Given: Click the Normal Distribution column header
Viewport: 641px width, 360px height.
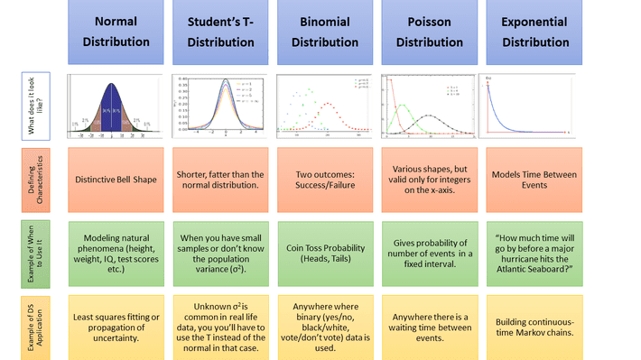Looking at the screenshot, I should click(116, 32).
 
